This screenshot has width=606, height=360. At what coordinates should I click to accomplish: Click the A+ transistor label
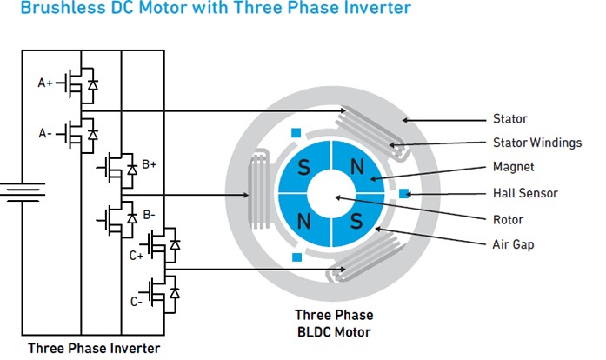click(x=44, y=83)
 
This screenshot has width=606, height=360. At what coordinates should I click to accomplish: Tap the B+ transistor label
click(x=149, y=163)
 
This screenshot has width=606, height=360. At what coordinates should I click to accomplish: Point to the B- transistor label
click(x=149, y=214)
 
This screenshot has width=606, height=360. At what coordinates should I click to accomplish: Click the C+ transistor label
click(x=137, y=256)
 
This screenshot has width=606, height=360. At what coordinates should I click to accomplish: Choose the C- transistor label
click(x=137, y=302)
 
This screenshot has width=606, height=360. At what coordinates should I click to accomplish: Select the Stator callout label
click(x=509, y=119)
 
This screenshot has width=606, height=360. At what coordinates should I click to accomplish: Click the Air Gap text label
click(x=513, y=244)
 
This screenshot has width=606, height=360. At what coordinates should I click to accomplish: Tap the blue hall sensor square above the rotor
click(x=296, y=133)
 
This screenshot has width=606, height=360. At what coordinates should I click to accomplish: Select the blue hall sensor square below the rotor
click(x=296, y=257)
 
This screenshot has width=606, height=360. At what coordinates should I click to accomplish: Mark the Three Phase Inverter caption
click(x=94, y=349)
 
